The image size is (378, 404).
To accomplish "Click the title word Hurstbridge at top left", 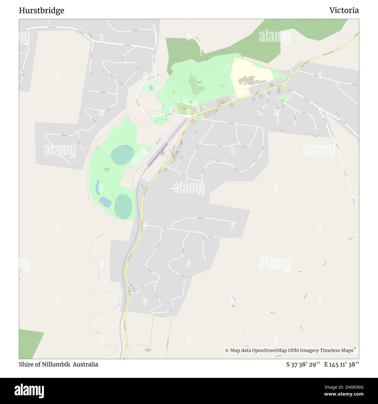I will (x=42, y=11).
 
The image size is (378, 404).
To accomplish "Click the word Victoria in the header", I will (x=344, y=10).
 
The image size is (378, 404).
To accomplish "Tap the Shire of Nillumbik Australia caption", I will (x=58, y=364).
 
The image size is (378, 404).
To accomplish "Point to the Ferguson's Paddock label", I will (x=199, y=83).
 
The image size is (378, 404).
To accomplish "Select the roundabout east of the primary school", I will (x=284, y=85).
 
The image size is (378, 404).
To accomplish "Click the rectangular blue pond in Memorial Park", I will (x=105, y=202).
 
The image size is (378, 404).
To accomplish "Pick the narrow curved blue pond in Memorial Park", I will (x=98, y=187).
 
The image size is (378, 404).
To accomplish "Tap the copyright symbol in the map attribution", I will (x=227, y=351).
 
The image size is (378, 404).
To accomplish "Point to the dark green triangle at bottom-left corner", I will (x=28, y=343).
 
